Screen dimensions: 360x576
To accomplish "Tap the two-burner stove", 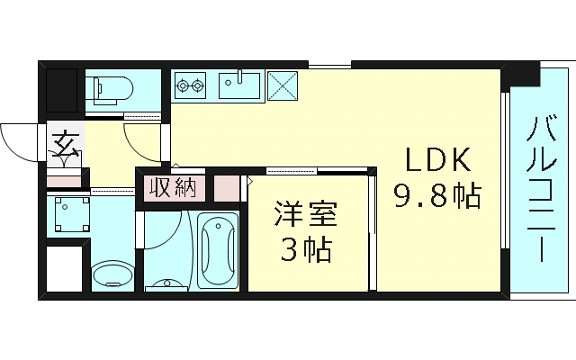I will [x=190, y=86].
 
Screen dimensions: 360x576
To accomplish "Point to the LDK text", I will [x=436, y=160].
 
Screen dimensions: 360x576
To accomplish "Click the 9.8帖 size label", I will [x=436, y=194].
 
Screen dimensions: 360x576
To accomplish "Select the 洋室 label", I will [x=306, y=217].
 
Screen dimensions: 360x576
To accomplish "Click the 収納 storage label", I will [x=172, y=189].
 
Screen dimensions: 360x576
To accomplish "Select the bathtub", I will [x=219, y=252].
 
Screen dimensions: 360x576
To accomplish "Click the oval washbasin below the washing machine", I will [x=112, y=274].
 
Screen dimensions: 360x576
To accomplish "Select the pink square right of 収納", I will [x=227, y=189].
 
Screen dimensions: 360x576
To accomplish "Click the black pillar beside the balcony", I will [x=521, y=76].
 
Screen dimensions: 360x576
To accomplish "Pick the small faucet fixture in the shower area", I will [x=168, y=283].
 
